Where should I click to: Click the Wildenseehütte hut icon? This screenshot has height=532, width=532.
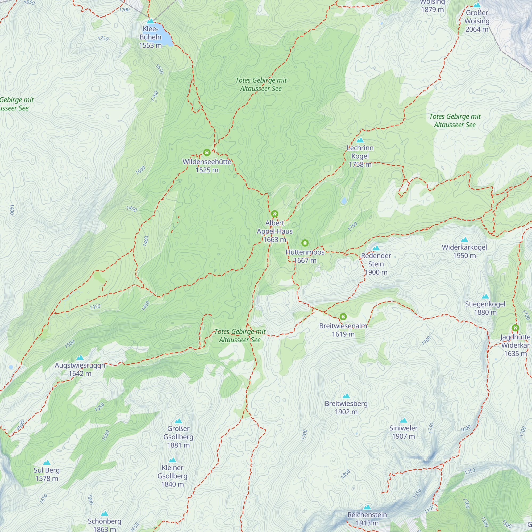(207, 152)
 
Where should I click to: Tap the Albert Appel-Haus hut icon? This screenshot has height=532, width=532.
(275, 214)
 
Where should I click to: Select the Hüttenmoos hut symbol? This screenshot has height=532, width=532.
(305, 243)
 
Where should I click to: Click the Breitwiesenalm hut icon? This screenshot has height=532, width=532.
(343, 317)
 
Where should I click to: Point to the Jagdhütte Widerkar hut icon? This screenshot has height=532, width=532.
(516, 328)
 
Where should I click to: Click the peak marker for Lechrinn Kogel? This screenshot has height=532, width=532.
(360, 140)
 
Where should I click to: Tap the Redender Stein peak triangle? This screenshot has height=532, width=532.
(376, 248)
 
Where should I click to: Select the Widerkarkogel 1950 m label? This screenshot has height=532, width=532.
(464, 251)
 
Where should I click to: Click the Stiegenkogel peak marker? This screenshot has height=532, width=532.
(485, 297)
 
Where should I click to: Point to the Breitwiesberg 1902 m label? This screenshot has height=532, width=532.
(346, 407)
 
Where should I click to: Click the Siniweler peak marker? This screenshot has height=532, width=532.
(404, 420)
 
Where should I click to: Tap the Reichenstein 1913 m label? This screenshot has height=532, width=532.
(367, 518)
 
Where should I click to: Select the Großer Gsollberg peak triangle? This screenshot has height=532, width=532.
(178, 421)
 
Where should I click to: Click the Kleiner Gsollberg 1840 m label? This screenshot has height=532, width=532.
(172, 476)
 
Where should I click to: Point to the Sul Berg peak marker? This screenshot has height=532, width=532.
(47, 462)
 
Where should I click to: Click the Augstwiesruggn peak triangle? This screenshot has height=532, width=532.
(80, 358)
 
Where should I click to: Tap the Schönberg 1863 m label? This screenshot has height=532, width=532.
(104, 525)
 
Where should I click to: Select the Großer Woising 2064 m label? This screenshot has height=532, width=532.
(477, 21)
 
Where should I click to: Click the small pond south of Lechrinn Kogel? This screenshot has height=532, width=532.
(344, 201)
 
